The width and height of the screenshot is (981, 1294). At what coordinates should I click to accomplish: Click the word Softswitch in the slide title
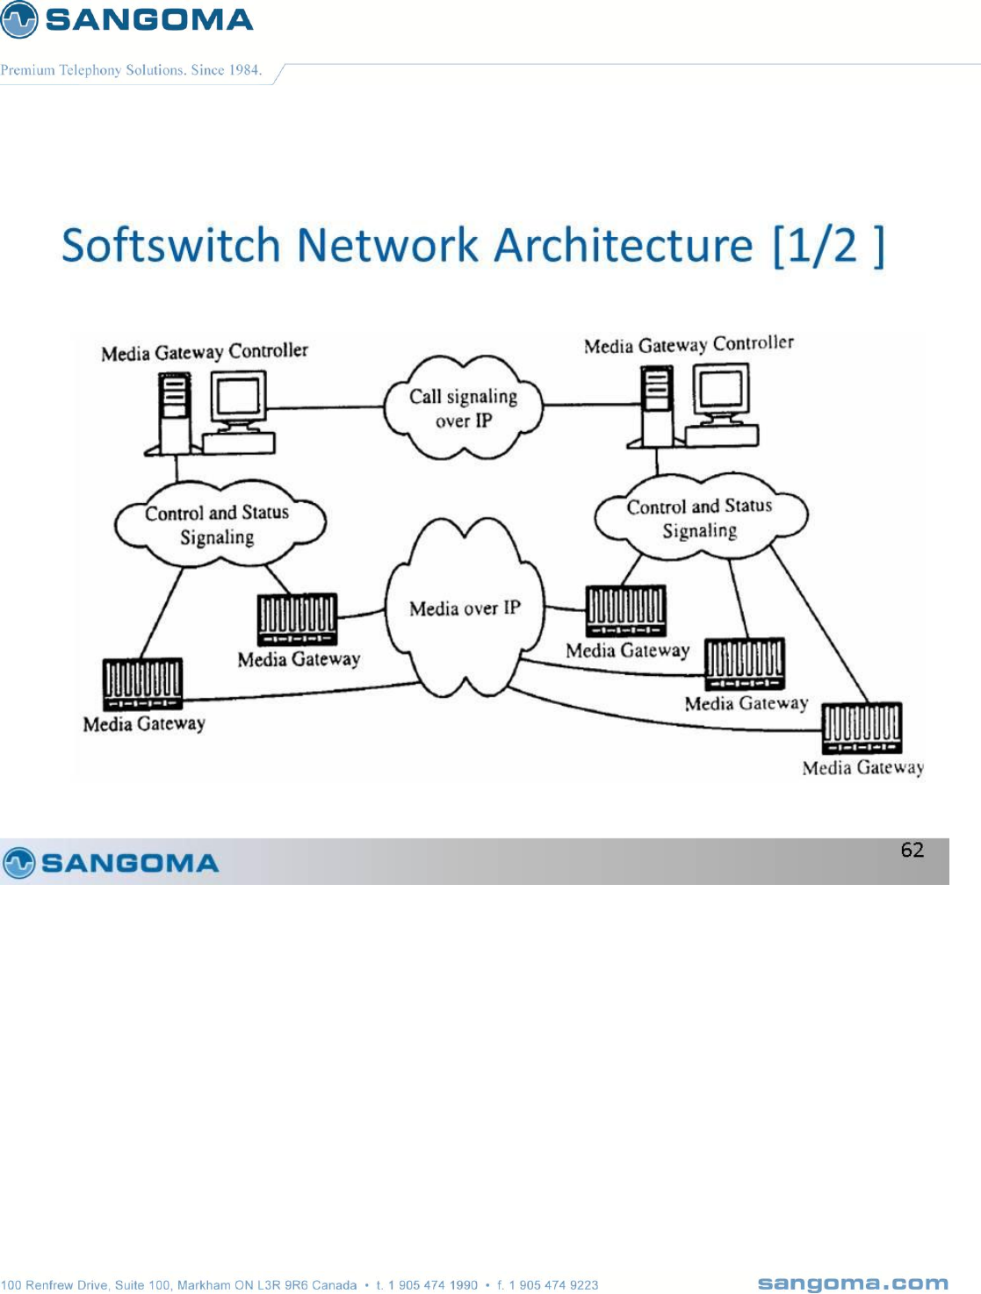click(170, 245)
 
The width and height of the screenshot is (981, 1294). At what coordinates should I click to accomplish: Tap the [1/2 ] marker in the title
click(827, 246)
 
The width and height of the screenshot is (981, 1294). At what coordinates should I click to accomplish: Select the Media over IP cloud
click(465, 607)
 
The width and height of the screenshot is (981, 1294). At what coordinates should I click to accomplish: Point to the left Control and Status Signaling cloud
click(218, 524)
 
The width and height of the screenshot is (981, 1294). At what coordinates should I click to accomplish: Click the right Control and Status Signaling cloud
click(699, 518)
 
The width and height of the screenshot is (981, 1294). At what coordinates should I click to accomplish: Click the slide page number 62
click(912, 850)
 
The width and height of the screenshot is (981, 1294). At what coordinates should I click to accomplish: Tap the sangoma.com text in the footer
click(853, 1283)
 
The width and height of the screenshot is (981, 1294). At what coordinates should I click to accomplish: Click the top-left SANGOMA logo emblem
click(19, 19)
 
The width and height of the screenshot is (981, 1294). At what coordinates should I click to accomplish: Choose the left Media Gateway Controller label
click(205, 352)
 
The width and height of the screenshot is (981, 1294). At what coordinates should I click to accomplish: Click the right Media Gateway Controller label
click(689, 344)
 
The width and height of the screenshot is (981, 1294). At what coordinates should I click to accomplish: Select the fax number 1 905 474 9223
click(553, 1285)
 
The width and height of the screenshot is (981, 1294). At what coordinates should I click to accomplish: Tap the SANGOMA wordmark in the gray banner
click(129, 863)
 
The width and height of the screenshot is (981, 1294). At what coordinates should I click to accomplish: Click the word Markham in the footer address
click(203, 1285)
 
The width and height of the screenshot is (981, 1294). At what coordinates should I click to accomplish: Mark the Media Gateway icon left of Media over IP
click(297, 619)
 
